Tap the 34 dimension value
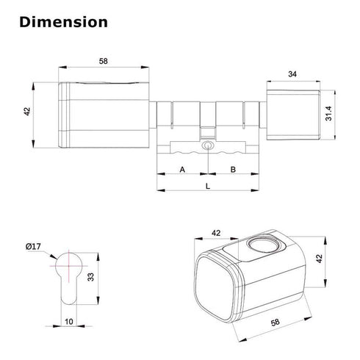pyautogui.click(x=293, y=73)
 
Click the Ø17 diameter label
pyautogui.click(x=32, y=247)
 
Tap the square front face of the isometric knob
pyautogui.click(x=215, y=286)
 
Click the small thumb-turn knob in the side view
pyautogui.click(x=292, y=113)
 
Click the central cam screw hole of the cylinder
pyautogui.click(x=207, y=148)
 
